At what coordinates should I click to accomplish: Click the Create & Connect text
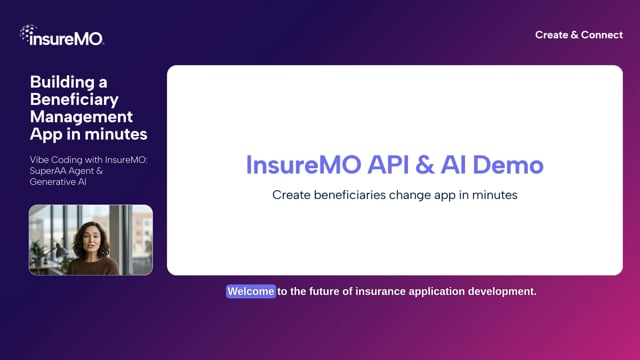pyautogui.click(x=578, y=35)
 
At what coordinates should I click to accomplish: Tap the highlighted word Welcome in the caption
pyautogui.click(x=250, y=292)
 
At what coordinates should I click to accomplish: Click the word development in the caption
pyautogui.click(x=500, y=292)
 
